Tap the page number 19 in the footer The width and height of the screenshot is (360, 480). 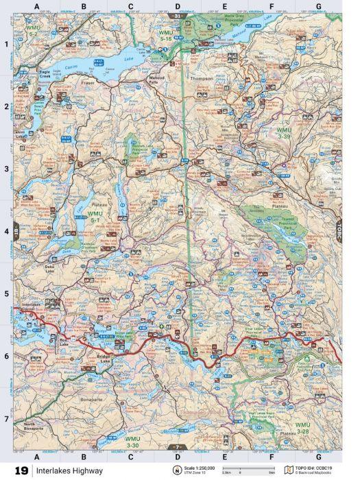pos(21,471)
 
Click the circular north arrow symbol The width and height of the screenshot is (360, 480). pos(178,470)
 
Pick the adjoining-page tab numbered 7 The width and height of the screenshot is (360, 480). pos(178,447)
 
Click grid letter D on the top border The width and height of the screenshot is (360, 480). pos(178,7)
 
